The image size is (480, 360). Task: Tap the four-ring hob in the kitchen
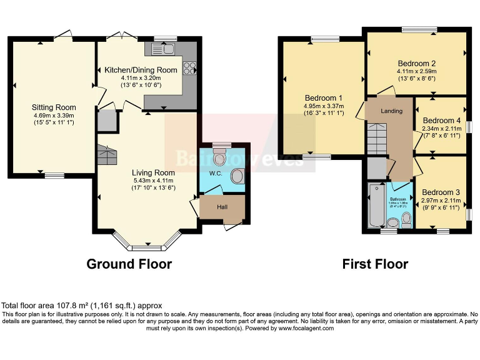pos(189,68)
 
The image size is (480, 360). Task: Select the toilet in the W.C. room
pos(219,154)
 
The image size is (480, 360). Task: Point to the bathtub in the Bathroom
pos(375,207)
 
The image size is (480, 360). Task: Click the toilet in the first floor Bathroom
pos(406,219)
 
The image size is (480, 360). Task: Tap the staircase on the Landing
pos(377,137)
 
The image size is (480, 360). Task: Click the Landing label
pos(392,111)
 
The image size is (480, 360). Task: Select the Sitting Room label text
pos(54,107)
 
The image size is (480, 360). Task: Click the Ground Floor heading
pos(129,264)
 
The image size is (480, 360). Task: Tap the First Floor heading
pos(375,264)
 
